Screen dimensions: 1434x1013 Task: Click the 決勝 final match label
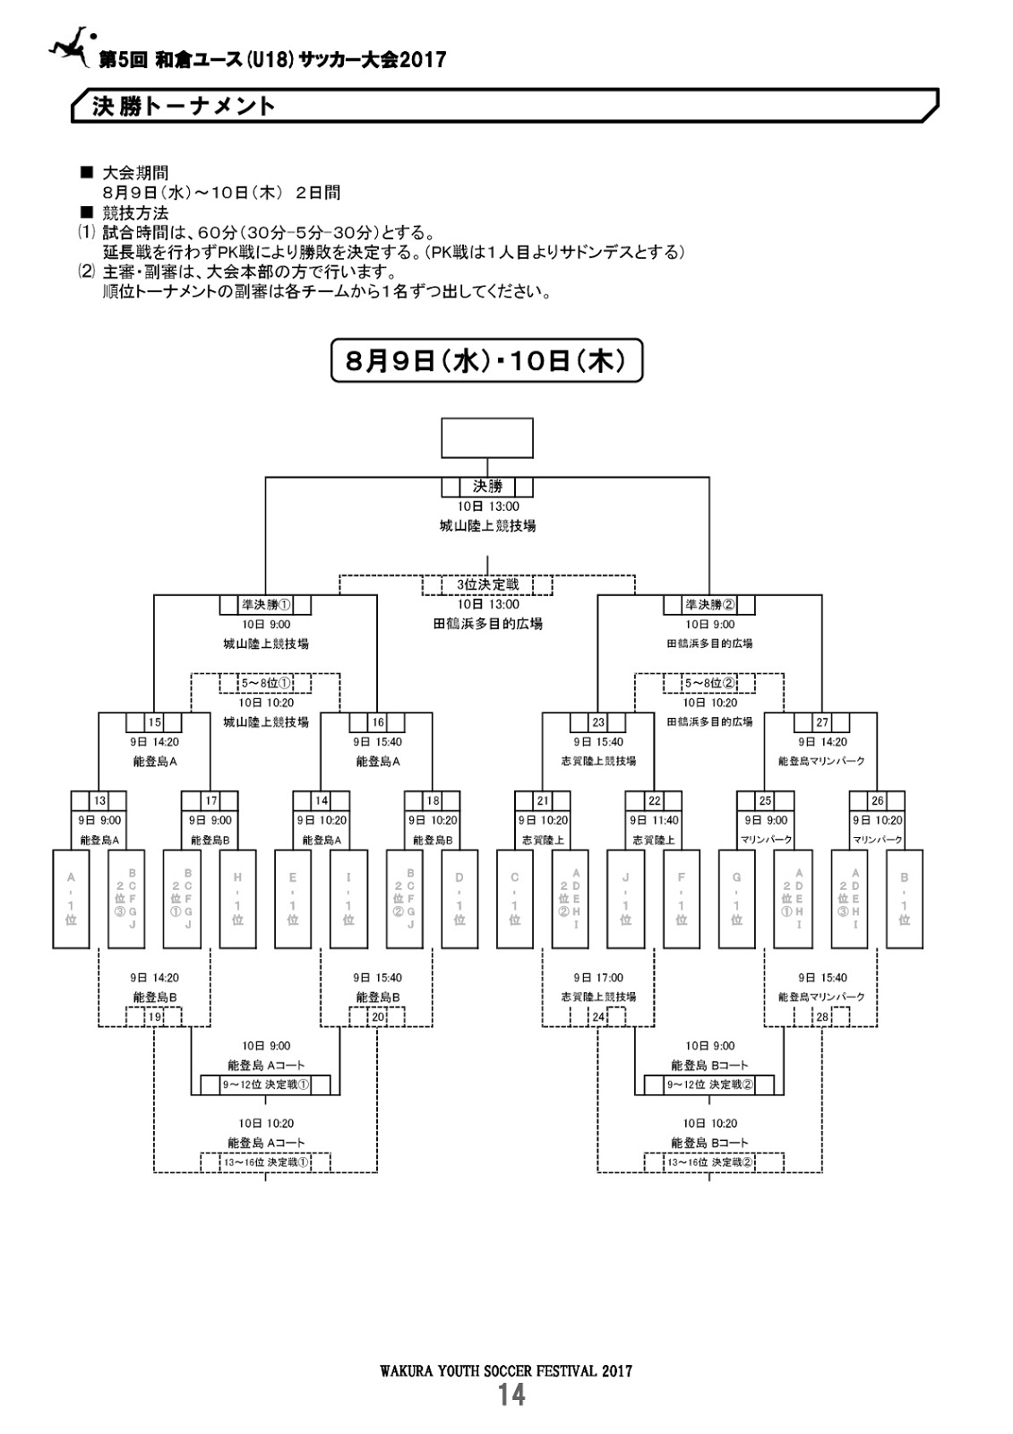[x=487, y=487]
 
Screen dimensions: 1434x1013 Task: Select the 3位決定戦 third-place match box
[x=487, y=585]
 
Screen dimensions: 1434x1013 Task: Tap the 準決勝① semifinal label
[x=265, y=605]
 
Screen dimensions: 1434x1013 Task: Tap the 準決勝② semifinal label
[x=709, y=605]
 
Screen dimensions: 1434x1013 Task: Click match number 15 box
[x=154, y=722]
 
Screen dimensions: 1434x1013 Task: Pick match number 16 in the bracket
[x=377, y=722]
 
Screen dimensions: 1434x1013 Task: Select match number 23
[x=598, y=722]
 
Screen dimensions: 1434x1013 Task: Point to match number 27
[x=821, y=722]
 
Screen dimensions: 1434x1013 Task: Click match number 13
[x=99, y=800]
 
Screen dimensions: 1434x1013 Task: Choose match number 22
[x=654, y=800]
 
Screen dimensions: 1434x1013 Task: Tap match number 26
[x=877, y=800]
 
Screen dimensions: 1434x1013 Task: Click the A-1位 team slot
[x=71, y=898]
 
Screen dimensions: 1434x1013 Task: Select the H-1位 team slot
[x=237, y=898]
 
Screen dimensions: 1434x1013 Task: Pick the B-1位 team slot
[x=905, y=898]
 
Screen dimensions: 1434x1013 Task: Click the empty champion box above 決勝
[x=487, y=437]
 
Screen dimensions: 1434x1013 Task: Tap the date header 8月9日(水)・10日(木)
[x=487, y=360]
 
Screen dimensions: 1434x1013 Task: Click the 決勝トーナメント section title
[x=185, y=106]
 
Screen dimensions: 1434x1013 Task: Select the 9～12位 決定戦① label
[x=265, y=1084]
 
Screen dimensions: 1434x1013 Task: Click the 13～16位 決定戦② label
[x=709, y=1162]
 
